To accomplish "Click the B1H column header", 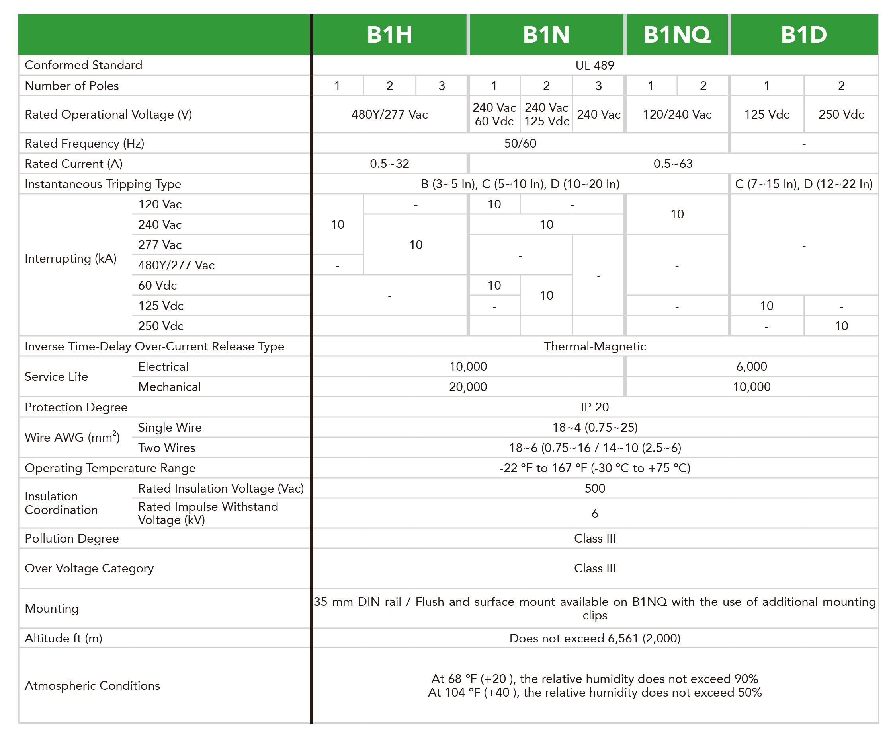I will pos(389,35).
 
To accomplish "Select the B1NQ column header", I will pos(677,35).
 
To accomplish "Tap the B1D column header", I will pos(804,35).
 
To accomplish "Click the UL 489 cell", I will pos(595,65).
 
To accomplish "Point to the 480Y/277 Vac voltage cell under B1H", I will pos(389,115).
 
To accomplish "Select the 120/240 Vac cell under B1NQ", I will pos(677,115).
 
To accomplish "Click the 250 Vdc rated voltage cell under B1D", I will pos(841,115).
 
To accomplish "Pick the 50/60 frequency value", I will pos(520,143).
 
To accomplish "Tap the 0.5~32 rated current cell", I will pos(389,164).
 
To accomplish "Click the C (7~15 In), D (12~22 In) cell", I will pos(803,184).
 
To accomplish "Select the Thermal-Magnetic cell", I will pos(595,346).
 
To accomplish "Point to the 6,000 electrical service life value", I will pos(751,366).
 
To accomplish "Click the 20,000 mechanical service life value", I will pos(468,386).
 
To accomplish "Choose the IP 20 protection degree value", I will pos(595,407).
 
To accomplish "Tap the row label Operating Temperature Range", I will pos(110,468).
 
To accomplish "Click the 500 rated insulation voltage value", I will pos(595,488).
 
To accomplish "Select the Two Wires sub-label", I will pos(166,448).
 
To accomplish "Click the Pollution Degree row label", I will pos(72,538).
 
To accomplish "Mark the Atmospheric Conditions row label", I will pos(92,685).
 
